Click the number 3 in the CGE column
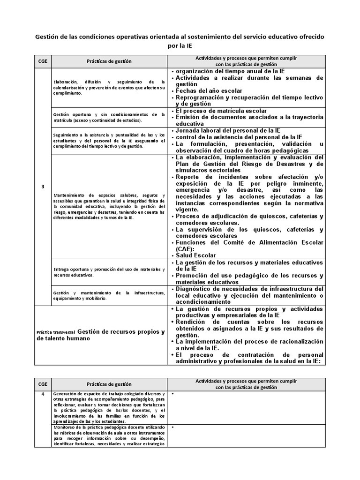[x=43, y=187]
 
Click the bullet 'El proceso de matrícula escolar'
[x=221, y=111]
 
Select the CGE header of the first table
[x=43, y=61]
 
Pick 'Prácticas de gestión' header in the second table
[x=109, y=384]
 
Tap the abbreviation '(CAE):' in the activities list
[x=186, y=249]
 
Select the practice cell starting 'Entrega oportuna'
[x=109, y=272]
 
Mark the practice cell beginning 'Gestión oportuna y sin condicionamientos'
[x=109, y=117]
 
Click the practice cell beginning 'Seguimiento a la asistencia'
[x=109, y=141]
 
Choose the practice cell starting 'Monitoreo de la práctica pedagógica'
[x=109, y=435]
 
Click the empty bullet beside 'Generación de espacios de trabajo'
[x=173, y=394]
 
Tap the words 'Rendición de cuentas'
[x=210, y=322]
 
